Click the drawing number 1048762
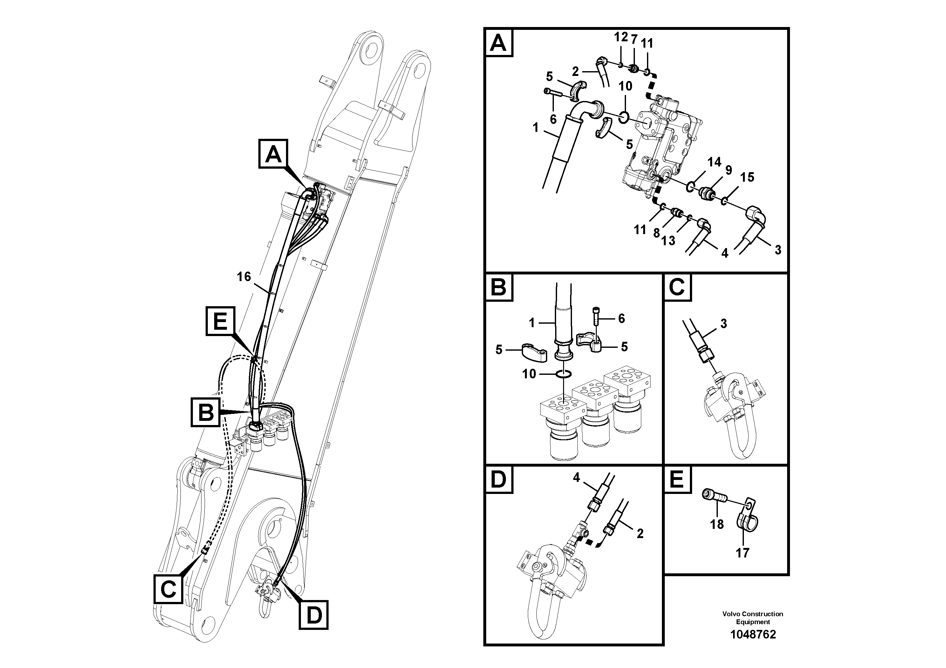tap(753, 634)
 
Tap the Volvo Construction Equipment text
tap(753, 618)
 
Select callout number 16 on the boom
tap(244, 277)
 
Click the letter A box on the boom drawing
tap(273, 154)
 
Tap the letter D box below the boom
tap(314, 615)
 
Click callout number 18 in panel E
tap(717, 524)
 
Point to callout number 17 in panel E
tap(742, 553)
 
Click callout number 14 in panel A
tap(714, 162)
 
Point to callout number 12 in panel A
tap(621, 37)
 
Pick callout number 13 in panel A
tap(668, 240)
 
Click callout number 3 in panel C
tap(724, 324)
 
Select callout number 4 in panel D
tap(576, 477)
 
